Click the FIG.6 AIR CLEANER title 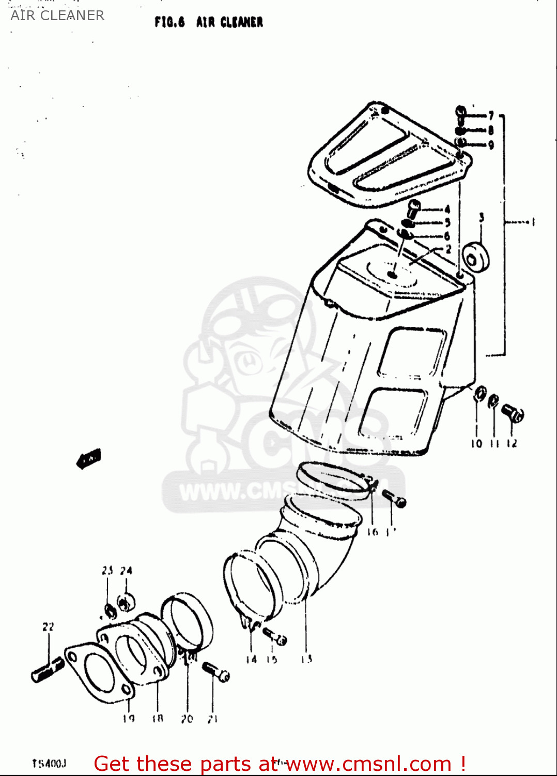[209, 22]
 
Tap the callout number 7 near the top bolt [491, 115]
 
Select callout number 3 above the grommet [482, 218]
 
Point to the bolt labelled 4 [413, 208]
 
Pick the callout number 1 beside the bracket [533, 222]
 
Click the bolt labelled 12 [512, 413]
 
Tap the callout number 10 [476, 443]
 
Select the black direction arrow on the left [89, 458]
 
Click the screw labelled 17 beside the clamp [395, 499]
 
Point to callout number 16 [372, 532]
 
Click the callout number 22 [48, 627]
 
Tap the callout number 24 [126, 571]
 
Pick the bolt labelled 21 [216, 672]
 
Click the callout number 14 [251, 659]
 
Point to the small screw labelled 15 [274, 636]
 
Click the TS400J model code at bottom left [49, 764]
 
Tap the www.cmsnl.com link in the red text [369, 764]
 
